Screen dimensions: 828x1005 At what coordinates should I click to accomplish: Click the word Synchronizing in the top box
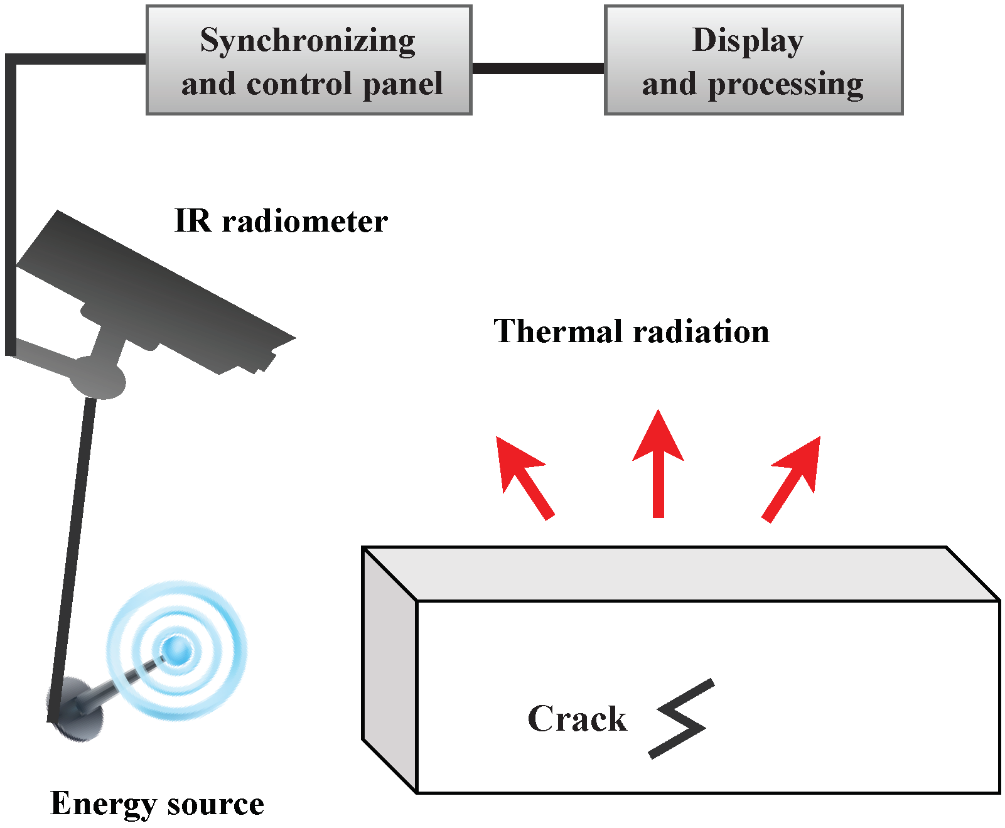coord(308,41)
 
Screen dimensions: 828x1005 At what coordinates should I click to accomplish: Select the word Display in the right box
coord(748,41)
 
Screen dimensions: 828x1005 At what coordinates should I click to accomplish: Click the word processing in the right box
coord(785,84)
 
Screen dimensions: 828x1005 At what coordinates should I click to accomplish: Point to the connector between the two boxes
coord(537,68)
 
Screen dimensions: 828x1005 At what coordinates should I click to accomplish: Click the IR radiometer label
coord(281,222)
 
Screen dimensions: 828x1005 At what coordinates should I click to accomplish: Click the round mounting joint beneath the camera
coord(98,379)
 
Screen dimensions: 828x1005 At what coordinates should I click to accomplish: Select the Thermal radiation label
coord(631,331)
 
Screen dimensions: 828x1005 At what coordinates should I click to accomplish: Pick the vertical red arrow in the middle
coord(658,465)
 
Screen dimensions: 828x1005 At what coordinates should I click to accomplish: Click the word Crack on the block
coord(577,719)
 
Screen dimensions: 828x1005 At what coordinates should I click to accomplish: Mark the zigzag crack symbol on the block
coord(682,719)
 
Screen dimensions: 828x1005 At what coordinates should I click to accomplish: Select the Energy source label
coord(157,804)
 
